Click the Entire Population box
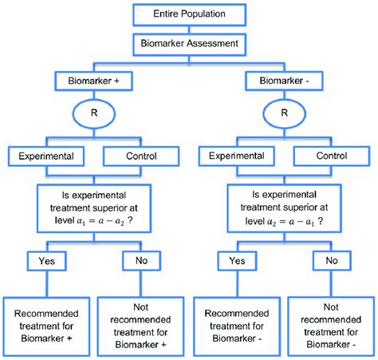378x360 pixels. click(189, 15)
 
